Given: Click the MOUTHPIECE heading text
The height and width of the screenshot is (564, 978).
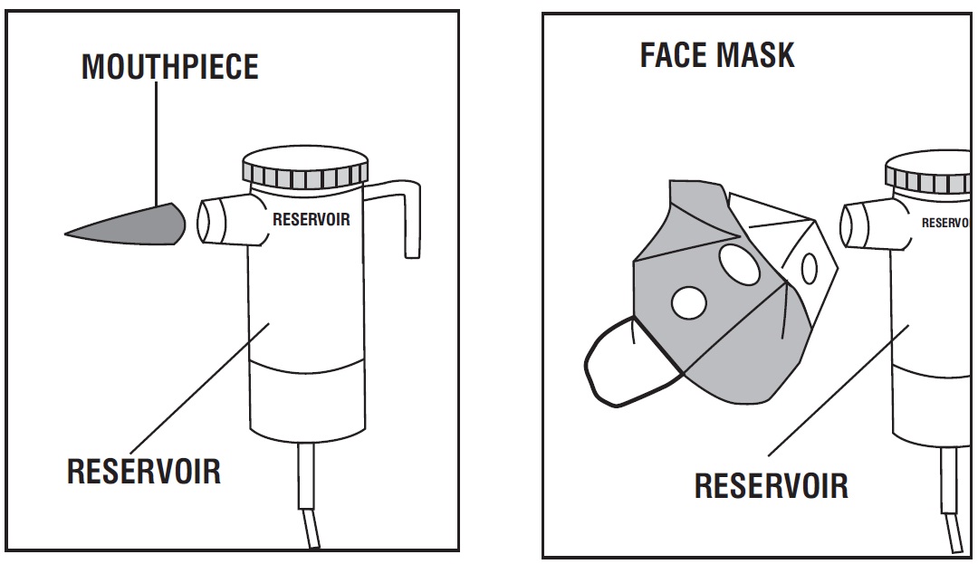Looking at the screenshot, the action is coord(169,67).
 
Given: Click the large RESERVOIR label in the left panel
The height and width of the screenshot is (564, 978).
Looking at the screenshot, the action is coord(143,471).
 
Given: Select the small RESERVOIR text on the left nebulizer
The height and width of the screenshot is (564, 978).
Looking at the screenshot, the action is coord(312,219).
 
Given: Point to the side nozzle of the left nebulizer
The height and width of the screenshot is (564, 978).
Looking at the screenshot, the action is coord(225,220).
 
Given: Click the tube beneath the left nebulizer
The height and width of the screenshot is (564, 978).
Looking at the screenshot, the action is coord(308,493).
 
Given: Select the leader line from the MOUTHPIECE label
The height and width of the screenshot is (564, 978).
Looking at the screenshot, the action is coord(156,143).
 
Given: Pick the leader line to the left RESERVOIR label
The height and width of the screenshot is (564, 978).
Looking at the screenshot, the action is coord(199,389).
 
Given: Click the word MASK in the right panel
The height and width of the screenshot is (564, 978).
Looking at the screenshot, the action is coord(755,55).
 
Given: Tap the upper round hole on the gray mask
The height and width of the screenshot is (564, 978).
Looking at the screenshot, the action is coord(739,264).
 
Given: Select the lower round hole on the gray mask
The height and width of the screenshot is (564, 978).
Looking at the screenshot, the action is coord(688,303).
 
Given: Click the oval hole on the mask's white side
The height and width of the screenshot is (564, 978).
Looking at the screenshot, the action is coord(809,268).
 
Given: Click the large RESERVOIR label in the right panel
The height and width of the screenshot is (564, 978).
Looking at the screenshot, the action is coord(772,486).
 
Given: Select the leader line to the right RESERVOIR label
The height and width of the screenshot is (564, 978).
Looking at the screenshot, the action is coord(839,390).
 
